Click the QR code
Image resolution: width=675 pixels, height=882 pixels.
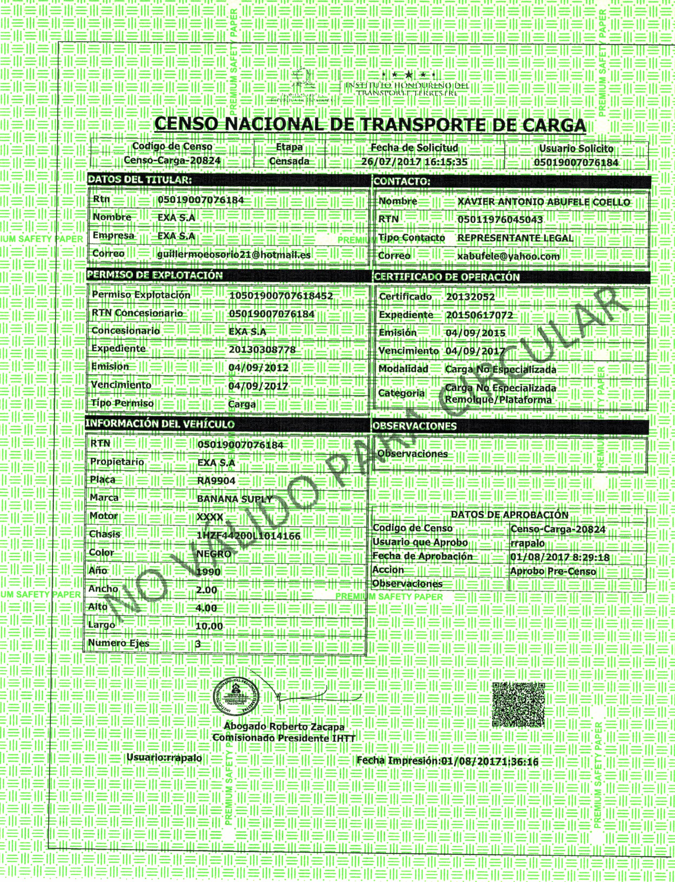tap(518, 704)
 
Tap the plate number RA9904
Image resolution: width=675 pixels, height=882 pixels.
tap(216, 480)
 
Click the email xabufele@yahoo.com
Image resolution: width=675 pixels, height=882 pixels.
tap(508, 256)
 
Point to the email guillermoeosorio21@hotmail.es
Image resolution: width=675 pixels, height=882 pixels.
tap(234, 254)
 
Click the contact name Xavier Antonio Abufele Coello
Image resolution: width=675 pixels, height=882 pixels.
tap(544, 202)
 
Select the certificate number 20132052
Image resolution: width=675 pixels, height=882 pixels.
tap(470, 297)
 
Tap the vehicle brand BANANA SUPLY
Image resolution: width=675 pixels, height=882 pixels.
tap(235, 499)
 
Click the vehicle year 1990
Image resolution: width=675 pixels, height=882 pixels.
tap(208, 572)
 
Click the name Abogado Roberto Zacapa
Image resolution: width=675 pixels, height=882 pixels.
tap(284, 727)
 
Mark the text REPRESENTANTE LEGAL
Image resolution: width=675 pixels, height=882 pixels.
tap(515, 238)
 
